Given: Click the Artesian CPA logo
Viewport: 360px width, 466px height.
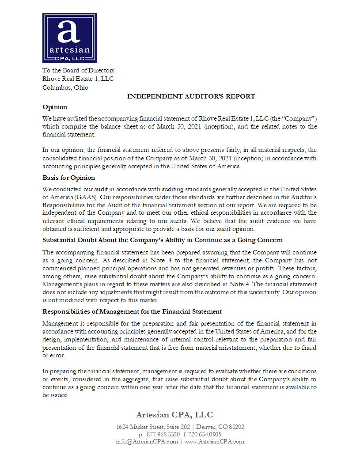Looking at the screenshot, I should (69, 38).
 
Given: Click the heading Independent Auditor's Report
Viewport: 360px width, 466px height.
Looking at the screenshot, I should (191, 96).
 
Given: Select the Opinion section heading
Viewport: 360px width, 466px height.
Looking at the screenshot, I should (55, 107).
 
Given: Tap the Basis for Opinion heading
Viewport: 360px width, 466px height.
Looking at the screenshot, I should (68, 178).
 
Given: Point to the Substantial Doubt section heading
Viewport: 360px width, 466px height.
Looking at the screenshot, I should (162, 240).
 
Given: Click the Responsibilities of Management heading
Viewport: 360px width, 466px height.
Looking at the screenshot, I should (132, 311).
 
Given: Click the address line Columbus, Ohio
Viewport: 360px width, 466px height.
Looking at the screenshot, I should (65, 87).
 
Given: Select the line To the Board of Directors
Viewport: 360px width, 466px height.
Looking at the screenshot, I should (78, 70).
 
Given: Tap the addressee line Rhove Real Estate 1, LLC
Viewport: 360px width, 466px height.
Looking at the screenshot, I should (78, 79).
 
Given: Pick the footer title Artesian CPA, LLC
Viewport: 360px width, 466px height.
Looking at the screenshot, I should (174, 415).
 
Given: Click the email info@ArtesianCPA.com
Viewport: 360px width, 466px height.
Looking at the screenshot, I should (147, 441).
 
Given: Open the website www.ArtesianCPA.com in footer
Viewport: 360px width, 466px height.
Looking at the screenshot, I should (214, 441).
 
